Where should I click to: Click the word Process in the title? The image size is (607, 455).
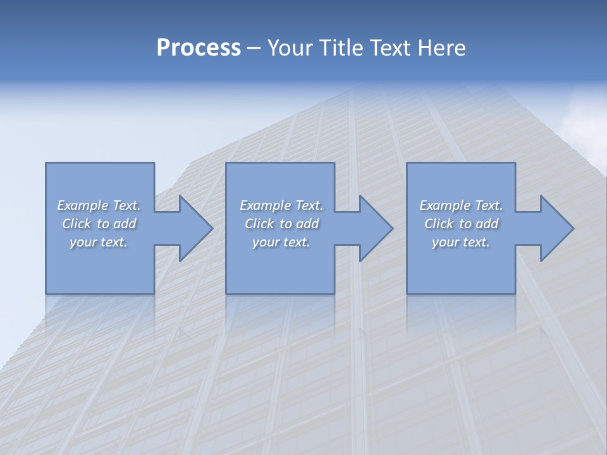click(x=199, y=48)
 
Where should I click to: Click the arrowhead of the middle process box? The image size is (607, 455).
click(x=375, y=228)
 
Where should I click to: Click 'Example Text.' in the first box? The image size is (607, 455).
click(x=99, y=205)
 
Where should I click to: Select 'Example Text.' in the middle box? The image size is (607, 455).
click(x=281, y=205)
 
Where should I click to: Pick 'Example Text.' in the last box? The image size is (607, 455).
click(x=461, y=205)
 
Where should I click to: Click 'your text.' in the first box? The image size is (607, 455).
click(x=99, y=242)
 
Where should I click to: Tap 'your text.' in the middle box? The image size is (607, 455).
click(x=281, y=242)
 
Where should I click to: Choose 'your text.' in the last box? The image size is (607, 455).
click(x=461, y=242)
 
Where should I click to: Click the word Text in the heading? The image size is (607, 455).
click(x=388, y=48)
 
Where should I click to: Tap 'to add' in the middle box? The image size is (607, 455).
click(x=299, y=224)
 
